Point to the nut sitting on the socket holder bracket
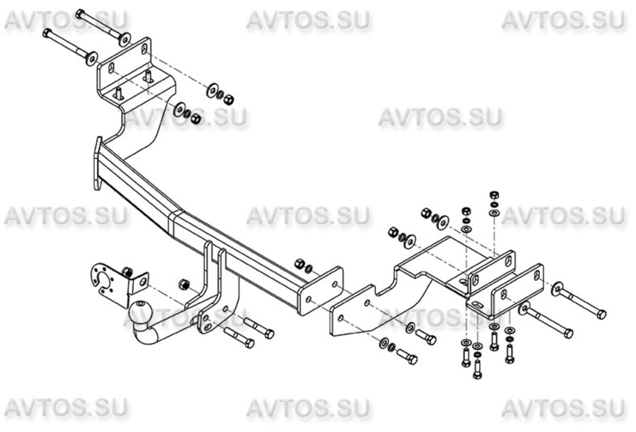click(x=127, y=272)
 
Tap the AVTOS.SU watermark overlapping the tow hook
click(x=184, y=316)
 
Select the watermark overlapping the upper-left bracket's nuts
click(x=184, y=118)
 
